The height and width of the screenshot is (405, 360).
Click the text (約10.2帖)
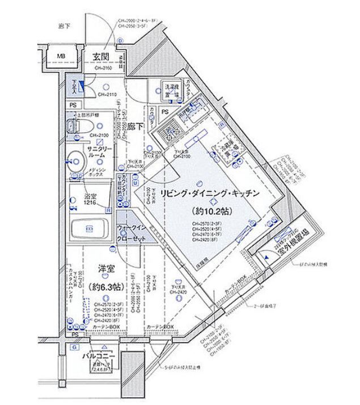pos(209,211)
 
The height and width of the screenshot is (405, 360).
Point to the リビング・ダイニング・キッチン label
pos(209,193)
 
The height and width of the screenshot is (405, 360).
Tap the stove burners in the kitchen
pos(167,134)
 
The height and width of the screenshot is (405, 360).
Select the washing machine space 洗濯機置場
pos(171,91)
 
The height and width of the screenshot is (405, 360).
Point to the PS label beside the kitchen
pos(165,112)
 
